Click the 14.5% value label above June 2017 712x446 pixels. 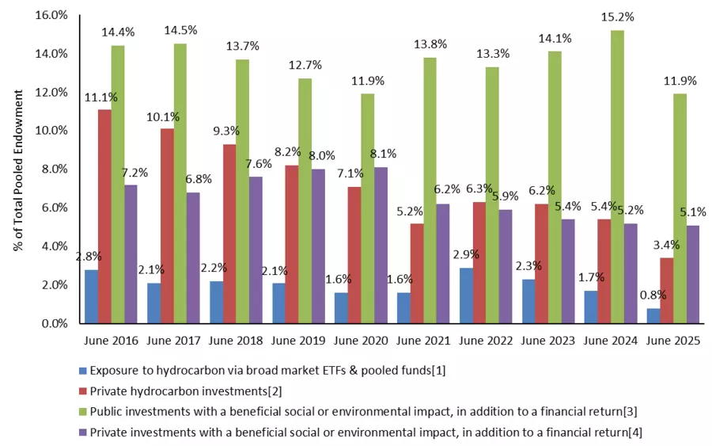click(180, 30)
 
